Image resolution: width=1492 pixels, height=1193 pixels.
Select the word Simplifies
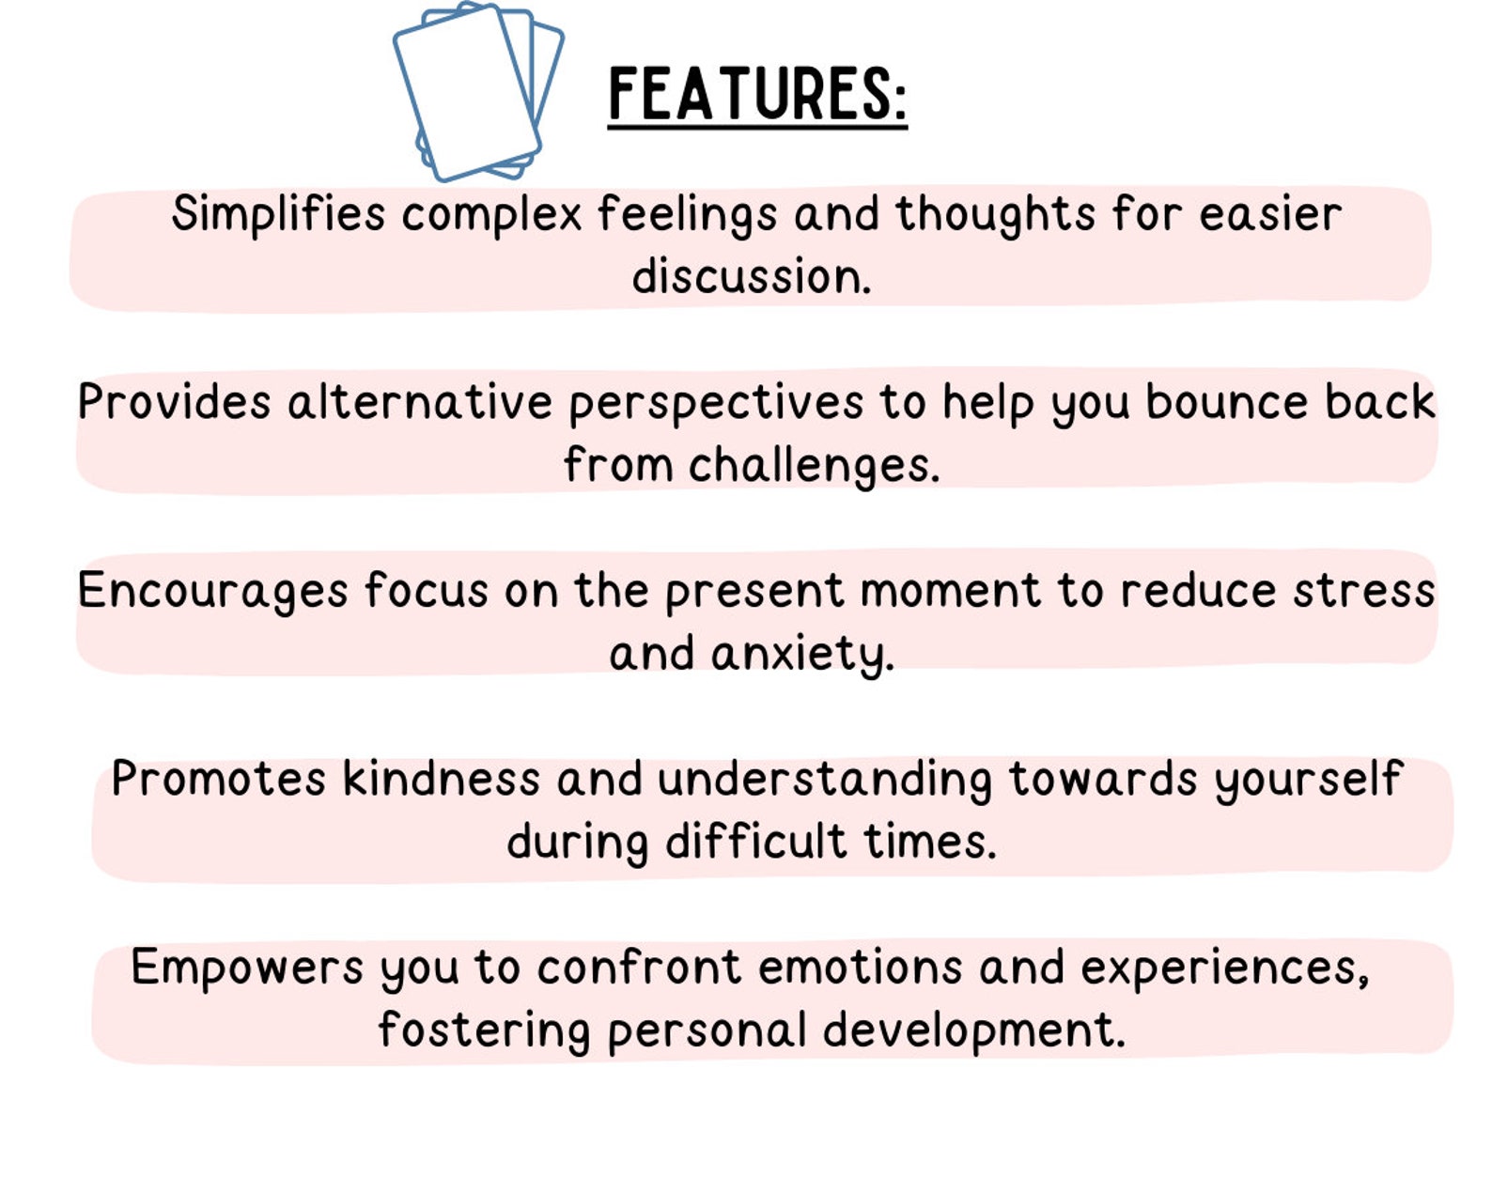coord(278,213)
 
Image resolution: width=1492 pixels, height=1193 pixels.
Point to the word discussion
coord(751,276)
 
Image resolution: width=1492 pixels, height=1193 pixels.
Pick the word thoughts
coord(995,214)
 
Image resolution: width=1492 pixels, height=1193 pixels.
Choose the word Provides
coord(174,402)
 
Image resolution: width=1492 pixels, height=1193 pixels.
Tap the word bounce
coord(1226,402)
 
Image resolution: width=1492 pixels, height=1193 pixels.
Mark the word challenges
coord(814,466)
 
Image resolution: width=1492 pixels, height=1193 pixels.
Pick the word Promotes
coord(218,779)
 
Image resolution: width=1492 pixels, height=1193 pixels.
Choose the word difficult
coord(756,841)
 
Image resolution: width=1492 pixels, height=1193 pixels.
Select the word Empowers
coord(247,968)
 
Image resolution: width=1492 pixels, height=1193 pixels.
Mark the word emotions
coord(860,968)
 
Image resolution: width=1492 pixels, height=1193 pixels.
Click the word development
coord(973,1030)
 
